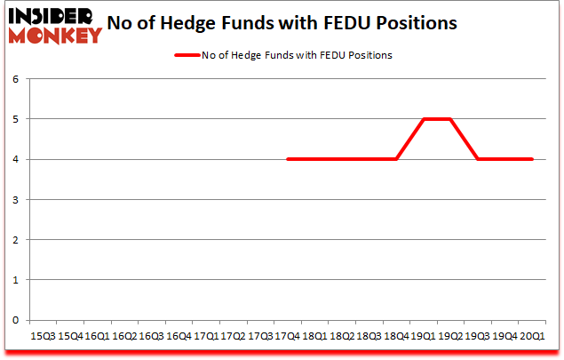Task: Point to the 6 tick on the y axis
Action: pyautogui.click(x=15, y=78)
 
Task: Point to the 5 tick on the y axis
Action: pyautogui.click(x=15, y=118)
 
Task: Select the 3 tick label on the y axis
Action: pyautogui.click(x=15, y=199)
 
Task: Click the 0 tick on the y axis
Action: pyautogui.click(x=15, y=320)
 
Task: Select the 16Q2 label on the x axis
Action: pyautogui.click(x=124, y=336)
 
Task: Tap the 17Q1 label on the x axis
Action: pyautogui.click(x=205, y=336)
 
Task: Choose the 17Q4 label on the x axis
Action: pyautogui.click(x=287, y=336)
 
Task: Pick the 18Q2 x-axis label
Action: pyautogui.click(x=341, y=336)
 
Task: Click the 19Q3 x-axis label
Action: pyautogui.click(x=477, y=336)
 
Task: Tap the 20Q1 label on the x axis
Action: pyautogui.click(x=531, y=336)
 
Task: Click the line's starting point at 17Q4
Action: pyautogui.click(x=287, y=159)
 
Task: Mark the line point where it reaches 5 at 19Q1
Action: pyautogui.click(x=423, y=118)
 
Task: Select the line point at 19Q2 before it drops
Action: pyautogui.click(x=450, y=118)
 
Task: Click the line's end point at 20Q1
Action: pyautogui.click(x=531, y=159)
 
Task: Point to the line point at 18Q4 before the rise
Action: pyautogui.click(x=395, y=159)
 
